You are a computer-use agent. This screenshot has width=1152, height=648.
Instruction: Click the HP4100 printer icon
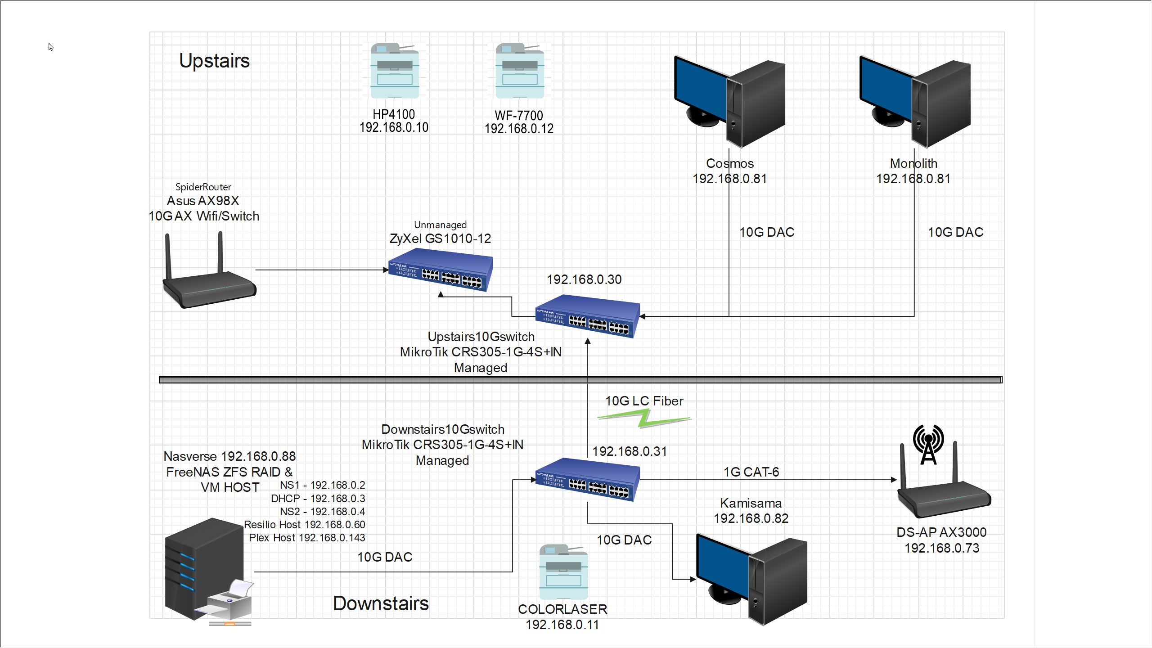point(394,71)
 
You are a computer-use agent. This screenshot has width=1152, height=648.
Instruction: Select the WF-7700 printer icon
point(519,71)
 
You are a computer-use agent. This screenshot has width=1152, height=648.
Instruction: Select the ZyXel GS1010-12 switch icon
point(441,270)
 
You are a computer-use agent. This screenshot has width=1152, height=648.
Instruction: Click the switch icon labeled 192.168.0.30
point(587,316)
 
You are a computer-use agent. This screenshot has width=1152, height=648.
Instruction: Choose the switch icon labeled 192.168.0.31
point(587,480)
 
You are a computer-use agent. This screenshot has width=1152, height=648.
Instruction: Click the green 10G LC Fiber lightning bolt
point(644,419)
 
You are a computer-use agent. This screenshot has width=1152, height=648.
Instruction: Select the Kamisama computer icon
point(752,580)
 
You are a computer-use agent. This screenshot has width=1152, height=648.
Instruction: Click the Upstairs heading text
point(214,61)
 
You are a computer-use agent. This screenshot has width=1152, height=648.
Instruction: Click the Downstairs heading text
point(381,603)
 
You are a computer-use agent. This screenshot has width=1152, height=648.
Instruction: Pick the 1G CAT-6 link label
point(751,472)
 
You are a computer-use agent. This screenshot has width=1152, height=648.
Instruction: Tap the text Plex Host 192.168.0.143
point(307,538)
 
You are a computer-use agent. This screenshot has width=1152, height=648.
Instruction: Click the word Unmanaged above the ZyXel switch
point(440,225)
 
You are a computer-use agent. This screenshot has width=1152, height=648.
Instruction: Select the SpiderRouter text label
point(203,187)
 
